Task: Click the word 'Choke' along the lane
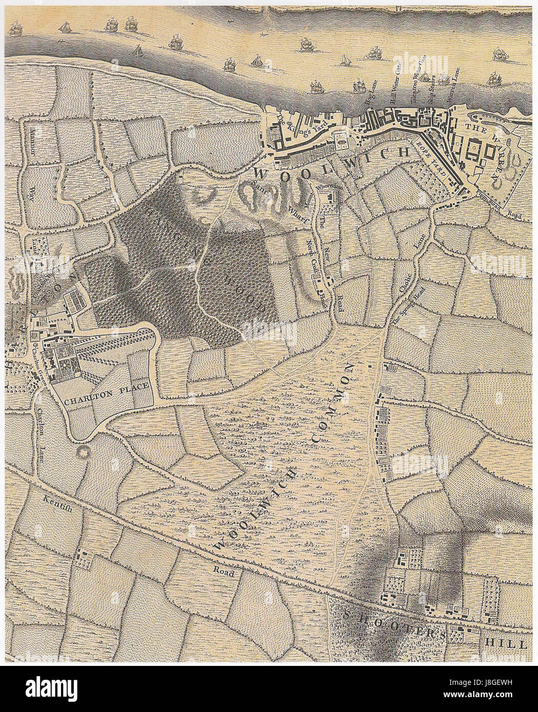click(x=411, y=280)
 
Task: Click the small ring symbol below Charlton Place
click(x=81, y=453)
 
